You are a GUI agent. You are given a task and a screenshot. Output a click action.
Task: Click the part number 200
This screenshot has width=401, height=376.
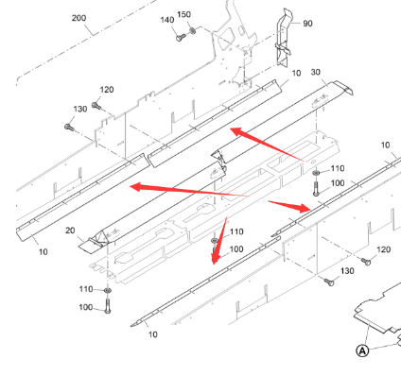(x=78, y=18)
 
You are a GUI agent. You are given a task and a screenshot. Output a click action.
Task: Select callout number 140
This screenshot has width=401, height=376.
(x=167, y=20)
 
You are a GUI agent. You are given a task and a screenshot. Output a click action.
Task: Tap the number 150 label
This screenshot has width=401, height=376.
(x=184, y=14)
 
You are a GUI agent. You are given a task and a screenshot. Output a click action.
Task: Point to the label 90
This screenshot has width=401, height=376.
(x=307, y=24)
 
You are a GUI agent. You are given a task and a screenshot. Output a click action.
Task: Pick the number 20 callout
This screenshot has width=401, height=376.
(x=70, y=231)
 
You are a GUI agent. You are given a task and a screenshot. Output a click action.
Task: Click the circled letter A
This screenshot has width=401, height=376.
(x=361, y=350)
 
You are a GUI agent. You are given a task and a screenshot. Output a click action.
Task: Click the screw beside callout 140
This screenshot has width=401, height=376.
(x=178, y=37)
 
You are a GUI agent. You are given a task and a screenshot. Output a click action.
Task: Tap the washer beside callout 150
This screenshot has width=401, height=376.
(x=194, y=31)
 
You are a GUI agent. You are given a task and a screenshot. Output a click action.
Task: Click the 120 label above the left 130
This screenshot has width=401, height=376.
(x=107, y=90)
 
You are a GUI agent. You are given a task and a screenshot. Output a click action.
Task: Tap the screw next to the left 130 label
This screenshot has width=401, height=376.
(x=68, y=126)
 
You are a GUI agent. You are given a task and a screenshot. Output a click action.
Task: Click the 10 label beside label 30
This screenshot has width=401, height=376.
(x=296, y=73)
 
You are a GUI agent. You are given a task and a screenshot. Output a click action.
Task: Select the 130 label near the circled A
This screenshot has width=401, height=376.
(x=348, y=271)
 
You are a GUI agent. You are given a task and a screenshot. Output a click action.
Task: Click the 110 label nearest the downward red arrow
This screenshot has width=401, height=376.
(x=235, y=231)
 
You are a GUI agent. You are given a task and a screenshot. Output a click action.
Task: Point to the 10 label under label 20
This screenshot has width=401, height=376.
(x=42, y=252)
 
